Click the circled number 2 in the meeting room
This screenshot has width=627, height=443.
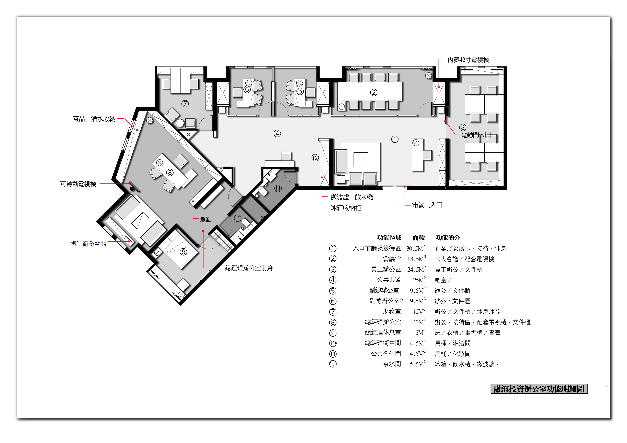click(x=374, y=92)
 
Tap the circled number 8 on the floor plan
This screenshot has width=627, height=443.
click(x=170, y=172)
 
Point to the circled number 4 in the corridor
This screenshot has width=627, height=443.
click(x=277, y=133)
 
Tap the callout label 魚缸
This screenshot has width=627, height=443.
click(x=206, y=219)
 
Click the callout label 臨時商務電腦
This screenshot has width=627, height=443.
click(x=88, y=244)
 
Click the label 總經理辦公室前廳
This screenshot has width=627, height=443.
click(x=249, y=268)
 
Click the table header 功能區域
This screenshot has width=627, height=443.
click(x=389, y=238)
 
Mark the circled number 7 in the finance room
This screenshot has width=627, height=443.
click(x=185, y=104)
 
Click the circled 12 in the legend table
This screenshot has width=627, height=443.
click(x=333, y=364)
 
